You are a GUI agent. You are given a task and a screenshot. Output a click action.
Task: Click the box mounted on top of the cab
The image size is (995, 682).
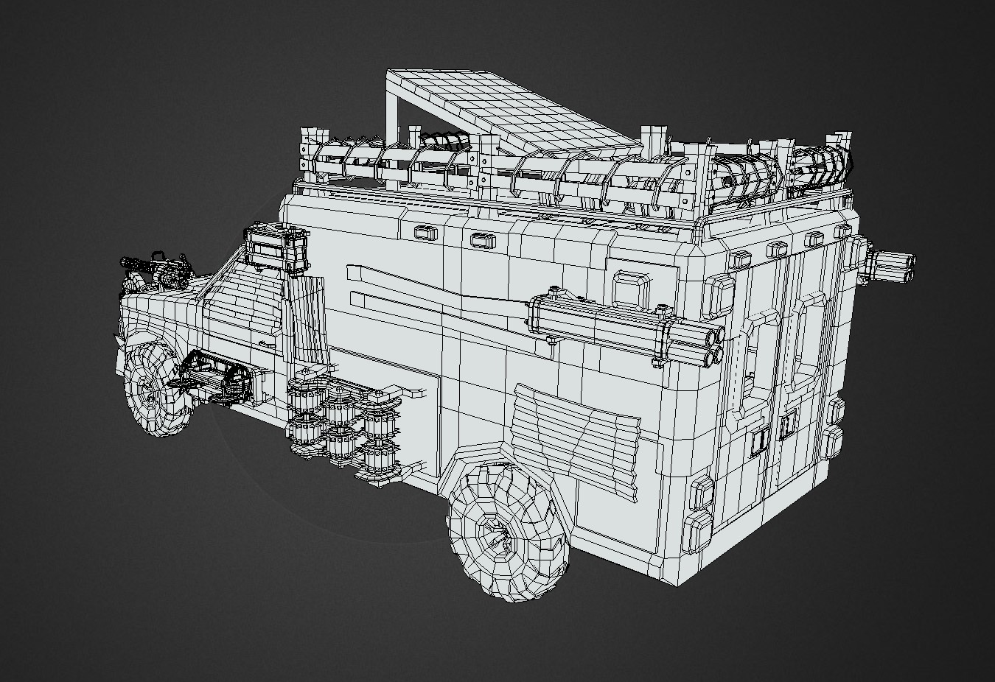pos(276,246)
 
